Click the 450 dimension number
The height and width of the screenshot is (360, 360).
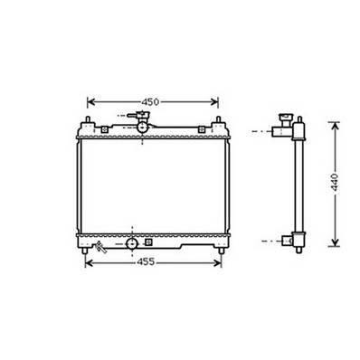tap(152, 101)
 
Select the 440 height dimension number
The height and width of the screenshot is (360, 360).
tap(333, 180)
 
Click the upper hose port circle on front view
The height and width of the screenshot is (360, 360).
tap(142, 128)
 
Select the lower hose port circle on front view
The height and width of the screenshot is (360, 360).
tap(132, 242)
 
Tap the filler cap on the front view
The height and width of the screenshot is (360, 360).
tap(141, 115)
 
